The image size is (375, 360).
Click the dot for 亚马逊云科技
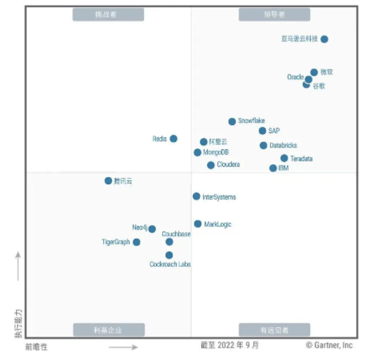(x=325, y=39)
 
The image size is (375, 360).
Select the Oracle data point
(x=308, y=79)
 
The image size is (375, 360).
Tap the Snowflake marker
(x=232, y=122)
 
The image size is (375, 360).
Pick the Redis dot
(x=173, y=139)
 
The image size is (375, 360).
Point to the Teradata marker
(x=284, y=158)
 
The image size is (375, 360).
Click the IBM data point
(x=273, y=168)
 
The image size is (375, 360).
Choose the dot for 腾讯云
(x=108, y=181)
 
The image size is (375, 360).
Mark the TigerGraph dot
(x=137, y=242)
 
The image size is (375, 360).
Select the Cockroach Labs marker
(x=169, y=255)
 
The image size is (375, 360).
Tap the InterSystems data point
(x=196, y=196)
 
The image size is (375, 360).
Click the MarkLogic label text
(x=217, y=224)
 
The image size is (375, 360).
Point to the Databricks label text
(x=283, y=146)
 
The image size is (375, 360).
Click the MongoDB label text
(x=215, y=152)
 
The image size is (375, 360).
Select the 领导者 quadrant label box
(x=274, y=14)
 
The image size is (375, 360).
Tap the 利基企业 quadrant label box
(x=109, y=329)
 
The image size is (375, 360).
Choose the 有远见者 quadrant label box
(x=274, y=329)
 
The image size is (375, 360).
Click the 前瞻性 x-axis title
(x=37, y=347)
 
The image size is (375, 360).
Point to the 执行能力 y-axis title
(x=19, y=325)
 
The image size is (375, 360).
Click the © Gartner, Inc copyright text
(x=329, y=345)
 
